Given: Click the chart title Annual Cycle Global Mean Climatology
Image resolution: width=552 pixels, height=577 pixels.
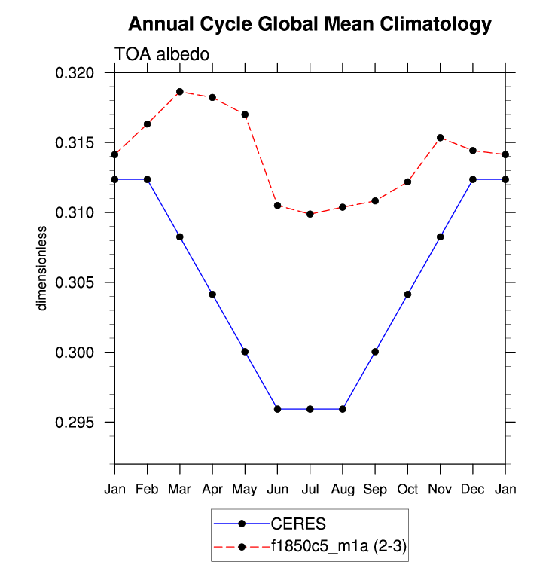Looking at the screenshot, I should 310,24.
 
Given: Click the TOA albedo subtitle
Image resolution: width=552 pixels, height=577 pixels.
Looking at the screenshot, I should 161,53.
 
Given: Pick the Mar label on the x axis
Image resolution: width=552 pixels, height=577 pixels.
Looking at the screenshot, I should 179,489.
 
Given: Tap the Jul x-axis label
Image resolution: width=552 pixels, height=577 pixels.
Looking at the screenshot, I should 310,489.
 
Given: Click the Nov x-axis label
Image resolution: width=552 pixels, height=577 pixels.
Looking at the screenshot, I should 440,489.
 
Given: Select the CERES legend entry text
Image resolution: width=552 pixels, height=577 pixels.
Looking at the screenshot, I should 298,523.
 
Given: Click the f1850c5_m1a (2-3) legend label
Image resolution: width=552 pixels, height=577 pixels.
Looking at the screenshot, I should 339,547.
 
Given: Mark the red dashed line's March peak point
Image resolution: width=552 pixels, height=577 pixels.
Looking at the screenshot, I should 180,92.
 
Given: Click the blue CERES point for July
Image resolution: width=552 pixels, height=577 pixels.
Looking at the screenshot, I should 310,409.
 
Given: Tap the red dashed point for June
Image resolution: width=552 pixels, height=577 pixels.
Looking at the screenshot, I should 278,206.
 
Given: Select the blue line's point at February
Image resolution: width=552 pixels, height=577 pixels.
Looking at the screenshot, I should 147,179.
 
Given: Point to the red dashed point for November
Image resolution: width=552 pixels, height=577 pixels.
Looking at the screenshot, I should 441,138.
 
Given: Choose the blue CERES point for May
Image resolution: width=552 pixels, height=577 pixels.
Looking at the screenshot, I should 245,352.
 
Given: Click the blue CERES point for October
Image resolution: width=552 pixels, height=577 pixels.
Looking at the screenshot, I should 408,294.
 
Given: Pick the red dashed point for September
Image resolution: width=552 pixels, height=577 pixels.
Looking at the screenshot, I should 375,200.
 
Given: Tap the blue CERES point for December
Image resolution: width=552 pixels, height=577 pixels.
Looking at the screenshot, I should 473,179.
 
